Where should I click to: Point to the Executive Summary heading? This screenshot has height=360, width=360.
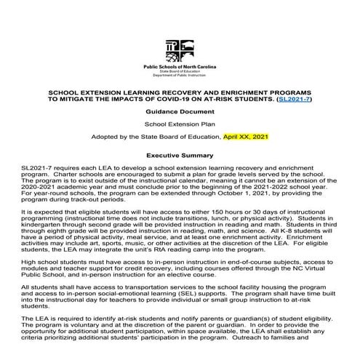click(180, 156)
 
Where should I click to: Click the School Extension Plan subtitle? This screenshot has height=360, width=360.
click(180, 124)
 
